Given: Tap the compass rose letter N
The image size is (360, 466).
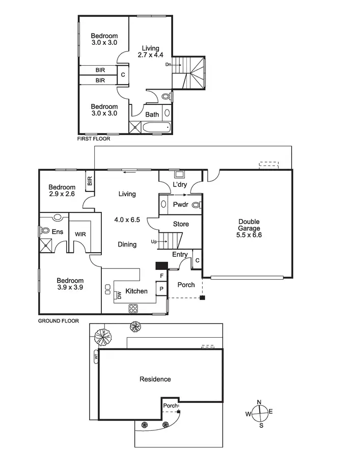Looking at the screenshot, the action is (259, 402).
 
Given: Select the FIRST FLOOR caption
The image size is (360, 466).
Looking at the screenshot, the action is (93, 139).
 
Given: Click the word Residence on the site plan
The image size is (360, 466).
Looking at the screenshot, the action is (155, 379).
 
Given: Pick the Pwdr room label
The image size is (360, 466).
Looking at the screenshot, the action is (181, 205).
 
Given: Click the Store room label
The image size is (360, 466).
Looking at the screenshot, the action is (181, 224).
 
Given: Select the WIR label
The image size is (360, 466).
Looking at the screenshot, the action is (80, 234).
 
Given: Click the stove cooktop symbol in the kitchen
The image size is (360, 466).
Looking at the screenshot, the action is (134, 308).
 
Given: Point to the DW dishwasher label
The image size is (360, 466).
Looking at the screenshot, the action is (119, 295).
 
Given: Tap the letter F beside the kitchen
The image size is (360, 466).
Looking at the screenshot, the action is (161, 276).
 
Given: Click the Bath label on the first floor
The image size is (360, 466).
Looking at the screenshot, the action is (152, 115).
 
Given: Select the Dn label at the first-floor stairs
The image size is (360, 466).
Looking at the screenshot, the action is (169, 65).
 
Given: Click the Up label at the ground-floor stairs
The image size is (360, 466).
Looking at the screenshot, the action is (154, 242).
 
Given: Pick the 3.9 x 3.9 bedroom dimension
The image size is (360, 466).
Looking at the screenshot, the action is (70, 287).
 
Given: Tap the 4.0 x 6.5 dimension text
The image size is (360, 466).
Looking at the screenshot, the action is (127, 220).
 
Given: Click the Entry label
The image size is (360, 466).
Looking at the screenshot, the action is (180, 255).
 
